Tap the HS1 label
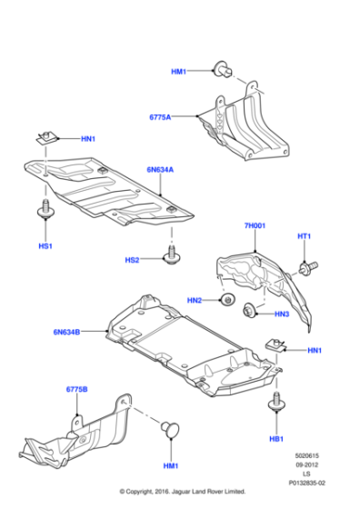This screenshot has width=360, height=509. click(x=45, y=246)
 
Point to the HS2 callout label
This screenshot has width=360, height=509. click(x=132, y=260)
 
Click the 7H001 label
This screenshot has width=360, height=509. click(x=254, y=225)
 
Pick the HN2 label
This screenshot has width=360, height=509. click(x=195, y=300)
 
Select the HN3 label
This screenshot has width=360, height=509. click(x=281, y=314)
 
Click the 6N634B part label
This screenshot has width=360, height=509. click(x=66, y=333)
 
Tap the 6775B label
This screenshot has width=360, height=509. click(x=76, y=389)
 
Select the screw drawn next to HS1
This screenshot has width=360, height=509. click(x=44, y=211)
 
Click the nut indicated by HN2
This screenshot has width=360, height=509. click(x=226, y=300)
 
